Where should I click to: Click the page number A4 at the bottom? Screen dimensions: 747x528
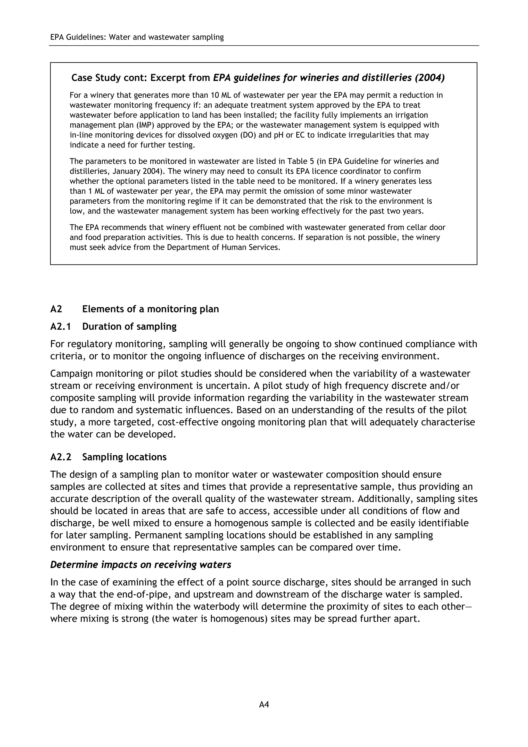point(264,704)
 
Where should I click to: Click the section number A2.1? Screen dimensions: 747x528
point(61,326)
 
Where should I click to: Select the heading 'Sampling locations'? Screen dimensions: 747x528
point(124,457)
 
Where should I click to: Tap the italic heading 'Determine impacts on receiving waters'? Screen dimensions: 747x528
point(141,564)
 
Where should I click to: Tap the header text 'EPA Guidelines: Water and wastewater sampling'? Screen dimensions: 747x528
point(137,37)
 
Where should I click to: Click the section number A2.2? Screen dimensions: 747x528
point(61,457)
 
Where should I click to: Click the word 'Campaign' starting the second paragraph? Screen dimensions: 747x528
point(71,373)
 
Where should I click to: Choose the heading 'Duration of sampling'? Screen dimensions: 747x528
point(129,326)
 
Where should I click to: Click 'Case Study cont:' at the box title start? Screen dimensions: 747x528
point(109,78)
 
